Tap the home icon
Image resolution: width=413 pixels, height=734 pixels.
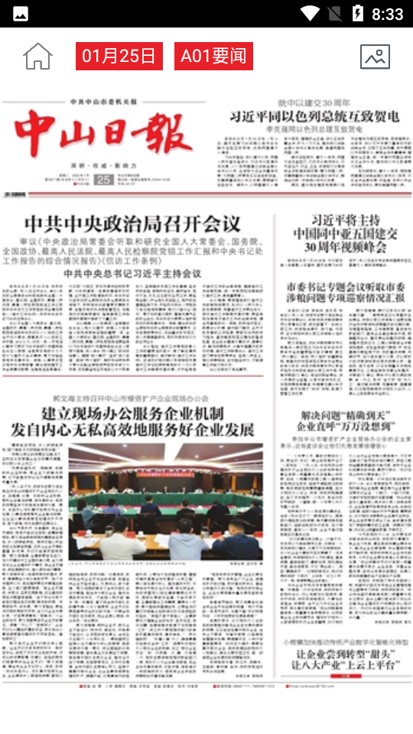pos(37,57)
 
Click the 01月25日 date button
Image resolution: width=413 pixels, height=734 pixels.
pos(119,57)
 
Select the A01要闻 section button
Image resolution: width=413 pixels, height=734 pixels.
pos(213,57)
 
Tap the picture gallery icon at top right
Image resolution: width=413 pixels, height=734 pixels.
pos(375,57)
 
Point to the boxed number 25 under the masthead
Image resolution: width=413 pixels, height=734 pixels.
pos(104,179)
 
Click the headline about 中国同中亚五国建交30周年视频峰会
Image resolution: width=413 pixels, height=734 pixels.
pos(345,233)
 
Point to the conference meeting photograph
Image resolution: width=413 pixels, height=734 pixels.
pos(165,502)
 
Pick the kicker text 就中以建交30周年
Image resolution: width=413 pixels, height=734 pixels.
pos(314,102)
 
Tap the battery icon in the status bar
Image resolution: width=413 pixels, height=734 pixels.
pos(357,13)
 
